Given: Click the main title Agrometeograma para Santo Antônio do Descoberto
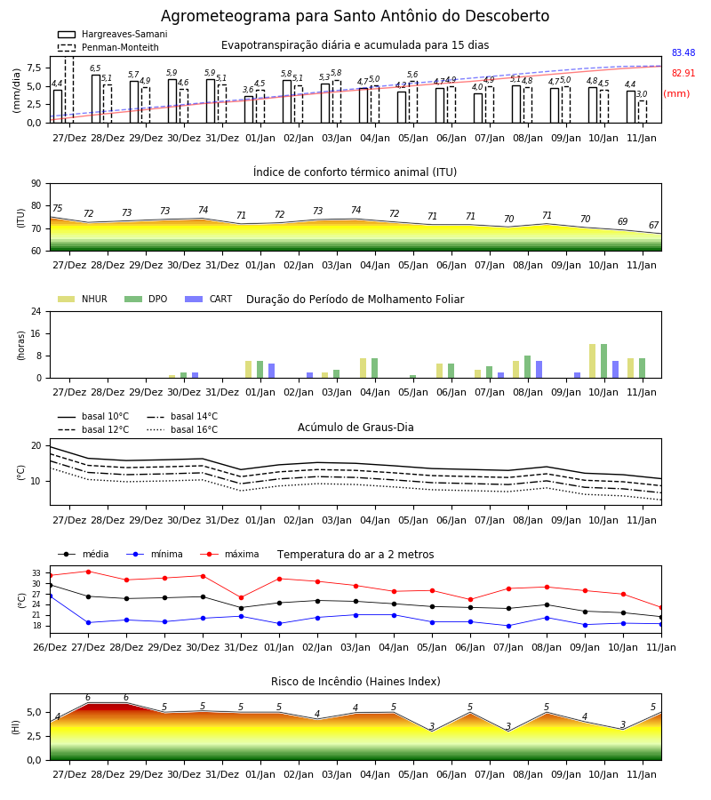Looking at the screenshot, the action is [355, 16].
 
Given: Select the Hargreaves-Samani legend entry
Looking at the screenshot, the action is [112, 34].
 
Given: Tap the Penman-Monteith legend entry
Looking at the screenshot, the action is [108, 47].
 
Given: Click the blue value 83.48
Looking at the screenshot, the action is [683, 53].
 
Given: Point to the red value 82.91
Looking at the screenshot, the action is [683, 74].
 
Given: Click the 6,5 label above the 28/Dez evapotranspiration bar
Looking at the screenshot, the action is [95, 68].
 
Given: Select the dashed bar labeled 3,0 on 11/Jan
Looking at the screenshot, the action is [643, 112].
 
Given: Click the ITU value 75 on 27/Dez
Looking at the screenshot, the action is [57, 208].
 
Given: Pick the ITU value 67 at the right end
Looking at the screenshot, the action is [653, 225].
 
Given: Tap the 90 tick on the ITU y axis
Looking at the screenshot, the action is [36, 184].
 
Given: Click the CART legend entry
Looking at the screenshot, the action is [209, 299].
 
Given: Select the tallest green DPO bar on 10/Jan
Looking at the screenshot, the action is [603, 361].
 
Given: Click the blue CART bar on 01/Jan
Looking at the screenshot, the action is [271, 371].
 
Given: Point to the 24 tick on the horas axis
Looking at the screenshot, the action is [36, 311].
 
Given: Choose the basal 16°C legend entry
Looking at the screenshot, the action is [182, 429].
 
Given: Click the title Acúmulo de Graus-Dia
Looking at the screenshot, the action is [355, 428].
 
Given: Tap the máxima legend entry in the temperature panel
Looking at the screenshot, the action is [229, 554].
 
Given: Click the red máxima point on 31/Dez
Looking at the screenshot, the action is [241, 597].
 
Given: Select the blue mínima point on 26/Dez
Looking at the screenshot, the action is [50, 596].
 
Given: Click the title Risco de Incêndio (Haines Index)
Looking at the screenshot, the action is [355, 682].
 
